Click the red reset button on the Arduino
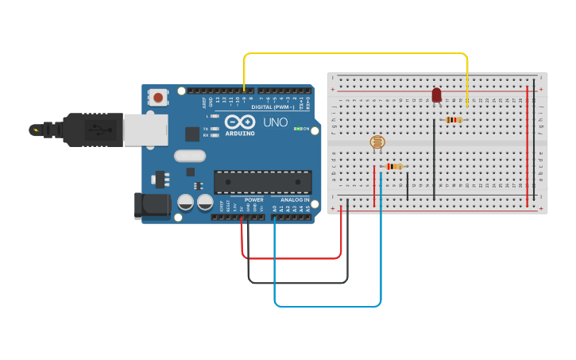pos(159,98)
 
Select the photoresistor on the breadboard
pos(377,143)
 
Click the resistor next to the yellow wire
pos(454,120)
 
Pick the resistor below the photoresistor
pos(394,166)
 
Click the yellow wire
pos(358,54)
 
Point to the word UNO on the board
pos(275,123)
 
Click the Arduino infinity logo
pos(240,122)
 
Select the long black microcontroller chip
pos(262,182)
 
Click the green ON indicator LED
pos(297,128)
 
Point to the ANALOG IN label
pos(295,199)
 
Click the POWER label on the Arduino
pos(253,199)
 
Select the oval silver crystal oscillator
pos(190,156)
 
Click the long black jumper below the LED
pos(434,158)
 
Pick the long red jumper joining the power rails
pos(527,139)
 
